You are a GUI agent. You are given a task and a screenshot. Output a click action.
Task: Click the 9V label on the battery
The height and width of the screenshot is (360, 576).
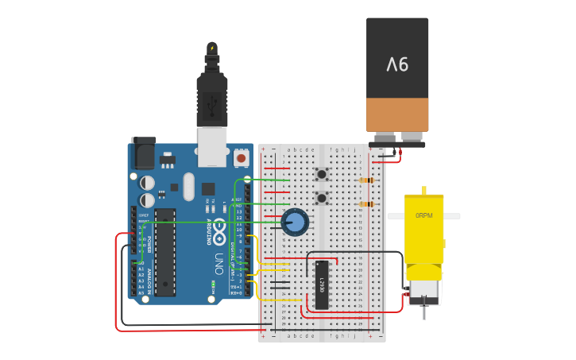pyautogui.click(x=397, y=64)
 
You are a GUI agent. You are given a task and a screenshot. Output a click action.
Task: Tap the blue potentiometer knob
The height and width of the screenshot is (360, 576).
pyautogui.click(x=295, y=222)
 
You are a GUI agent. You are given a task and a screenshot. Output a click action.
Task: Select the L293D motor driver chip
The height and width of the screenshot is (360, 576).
pyautogui.click(x=322, y=285)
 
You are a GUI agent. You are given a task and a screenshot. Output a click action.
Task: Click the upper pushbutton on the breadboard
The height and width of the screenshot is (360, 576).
pyautogui.click(x=322, y=174)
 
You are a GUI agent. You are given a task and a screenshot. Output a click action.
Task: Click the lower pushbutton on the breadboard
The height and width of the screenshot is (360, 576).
pyautogui.click(x=322, y=198)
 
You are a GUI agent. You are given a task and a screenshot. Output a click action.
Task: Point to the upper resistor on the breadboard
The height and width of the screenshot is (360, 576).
pyautogui.click(x=366, y=180)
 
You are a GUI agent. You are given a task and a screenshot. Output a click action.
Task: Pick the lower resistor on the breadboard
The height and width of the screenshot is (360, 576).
pyautogui.click(x=366, y=204)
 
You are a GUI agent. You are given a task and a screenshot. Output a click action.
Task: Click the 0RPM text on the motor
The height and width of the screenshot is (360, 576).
pyautogui.click(x=423, y=215)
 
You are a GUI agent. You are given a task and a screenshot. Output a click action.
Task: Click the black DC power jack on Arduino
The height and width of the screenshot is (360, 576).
pyautogui.click(x=144, y=153)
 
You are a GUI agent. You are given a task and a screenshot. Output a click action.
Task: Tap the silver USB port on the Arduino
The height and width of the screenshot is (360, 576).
pyautogui.click(x=211, y=147)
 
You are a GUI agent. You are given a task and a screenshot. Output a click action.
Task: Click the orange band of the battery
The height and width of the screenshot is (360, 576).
pyautogui.click(x=397, y=114)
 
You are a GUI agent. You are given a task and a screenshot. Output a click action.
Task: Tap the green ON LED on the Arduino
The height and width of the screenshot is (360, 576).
pyautogui.click(x=214, y=283)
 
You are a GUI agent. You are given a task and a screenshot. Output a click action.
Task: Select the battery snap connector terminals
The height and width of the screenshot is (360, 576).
pyautogui.click(x=396, y=140)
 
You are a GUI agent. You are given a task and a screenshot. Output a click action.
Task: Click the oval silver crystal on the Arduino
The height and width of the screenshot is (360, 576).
pyautogui.click(x=188, y=187)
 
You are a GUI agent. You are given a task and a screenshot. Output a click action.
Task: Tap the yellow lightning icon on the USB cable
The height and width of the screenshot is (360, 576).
pyautogui.click(x=212, y=48)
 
